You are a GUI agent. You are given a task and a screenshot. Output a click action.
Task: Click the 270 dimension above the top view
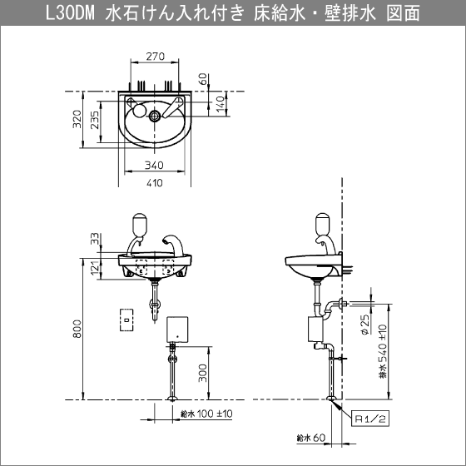pyautogui.click(x=155, y=57)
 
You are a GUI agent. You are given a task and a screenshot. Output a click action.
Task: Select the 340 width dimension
pyautogui.click(x=154, y=165)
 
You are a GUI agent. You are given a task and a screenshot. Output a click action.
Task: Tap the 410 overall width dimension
pyautogui.click(x=155, y=182)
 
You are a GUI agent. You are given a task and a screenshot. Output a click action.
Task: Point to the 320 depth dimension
pyautogui.click(x=77, y=119)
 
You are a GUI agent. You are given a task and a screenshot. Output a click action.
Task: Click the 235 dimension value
pyautogui.click(x=95, y=120)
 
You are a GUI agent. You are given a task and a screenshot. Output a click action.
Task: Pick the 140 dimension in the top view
pyautogui.click(x=220, y=104)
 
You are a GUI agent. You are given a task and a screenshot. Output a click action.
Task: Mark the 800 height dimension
pyautogui.click(x=77, y=329)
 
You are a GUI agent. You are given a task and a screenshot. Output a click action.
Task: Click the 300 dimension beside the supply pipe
pyautogui.click(x=202, y=373)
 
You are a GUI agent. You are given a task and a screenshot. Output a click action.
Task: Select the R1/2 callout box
pyautogui.click(x=370, y=419)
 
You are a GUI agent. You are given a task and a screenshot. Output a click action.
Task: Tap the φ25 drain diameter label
pyautogui.click(x=365, y=325)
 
